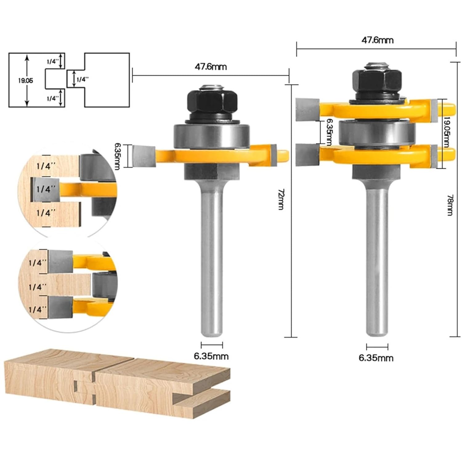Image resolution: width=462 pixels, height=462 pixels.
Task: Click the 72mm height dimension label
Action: [281, 199]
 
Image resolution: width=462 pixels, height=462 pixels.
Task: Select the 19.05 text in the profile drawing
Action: [25, 81]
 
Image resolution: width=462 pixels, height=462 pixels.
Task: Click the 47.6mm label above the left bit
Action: [211, 67]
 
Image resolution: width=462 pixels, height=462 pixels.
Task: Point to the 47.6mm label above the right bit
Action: [377, 40]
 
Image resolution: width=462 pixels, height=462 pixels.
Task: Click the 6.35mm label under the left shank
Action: [211, 356]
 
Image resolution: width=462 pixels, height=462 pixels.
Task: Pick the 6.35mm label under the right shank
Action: [376, 358]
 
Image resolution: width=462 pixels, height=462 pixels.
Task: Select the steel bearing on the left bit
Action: [211, 136]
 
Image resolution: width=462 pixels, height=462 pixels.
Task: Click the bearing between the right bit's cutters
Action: [377, 132]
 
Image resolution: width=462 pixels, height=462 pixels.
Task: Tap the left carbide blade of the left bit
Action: [143, 156]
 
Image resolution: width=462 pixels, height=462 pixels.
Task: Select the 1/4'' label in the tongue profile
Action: [82, 79]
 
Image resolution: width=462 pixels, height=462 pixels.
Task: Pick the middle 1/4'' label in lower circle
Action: [38, 287]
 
